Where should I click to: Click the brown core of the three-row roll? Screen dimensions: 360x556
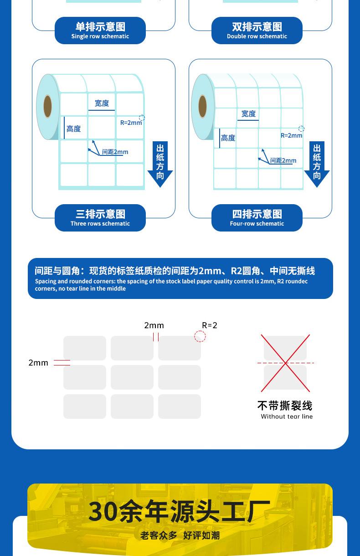pos(47,107)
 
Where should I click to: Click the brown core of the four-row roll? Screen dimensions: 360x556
pos(203,107)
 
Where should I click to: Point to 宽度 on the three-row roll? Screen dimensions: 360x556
pos(102,103)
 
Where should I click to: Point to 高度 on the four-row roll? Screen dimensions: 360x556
pos(228,138)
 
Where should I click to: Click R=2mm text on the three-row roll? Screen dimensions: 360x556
pos(131,123)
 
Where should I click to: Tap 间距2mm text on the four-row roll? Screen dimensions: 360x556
pos(283,160)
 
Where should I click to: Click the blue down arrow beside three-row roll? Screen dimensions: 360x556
pos(160,164)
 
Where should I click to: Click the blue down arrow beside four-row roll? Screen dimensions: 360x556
pos(317,164)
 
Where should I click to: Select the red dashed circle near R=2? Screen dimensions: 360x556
pos(200,336)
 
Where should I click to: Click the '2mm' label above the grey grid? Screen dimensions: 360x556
pos(154,325)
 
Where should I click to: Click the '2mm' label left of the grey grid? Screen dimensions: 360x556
pos(38,363)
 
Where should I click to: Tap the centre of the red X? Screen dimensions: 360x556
pos(285,363)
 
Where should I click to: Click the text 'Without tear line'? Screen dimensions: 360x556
pos(287,417)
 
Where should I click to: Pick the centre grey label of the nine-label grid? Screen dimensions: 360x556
pos(132,377)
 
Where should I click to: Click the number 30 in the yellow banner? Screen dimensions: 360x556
pos(103,511)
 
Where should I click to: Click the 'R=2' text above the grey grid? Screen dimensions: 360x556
pos(210,325)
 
